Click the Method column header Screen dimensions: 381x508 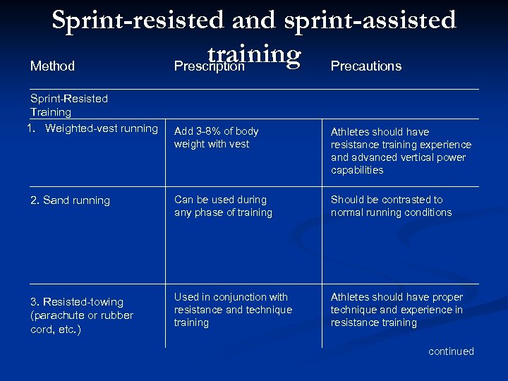pyautogui.click(x=52, y=66)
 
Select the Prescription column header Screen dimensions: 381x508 pyautogui.click(x=210, y=66)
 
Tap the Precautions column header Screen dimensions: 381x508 pyautogui.click(x=365, y=66)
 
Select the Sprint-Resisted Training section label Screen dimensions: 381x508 pyautogui.click(x=69, y=105)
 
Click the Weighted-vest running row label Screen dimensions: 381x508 pyautogui.click(x=94, y=128)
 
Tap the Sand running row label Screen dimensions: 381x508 pyautogui.click(x=70, y=200)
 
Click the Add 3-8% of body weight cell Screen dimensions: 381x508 pyautogui.click(x=216, y=138)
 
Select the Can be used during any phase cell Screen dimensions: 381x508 pyautogui.click(x=223, y=206)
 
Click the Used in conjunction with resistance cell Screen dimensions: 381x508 pyautogui.click(x=232, y=310)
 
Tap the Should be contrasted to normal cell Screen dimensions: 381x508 pyautogui.click(x=391, y=206)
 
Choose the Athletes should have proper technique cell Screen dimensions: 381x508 pyautogui.click(x=397, y=310)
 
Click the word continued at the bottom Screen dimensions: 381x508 pyautogui.click(x=451, y=351)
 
